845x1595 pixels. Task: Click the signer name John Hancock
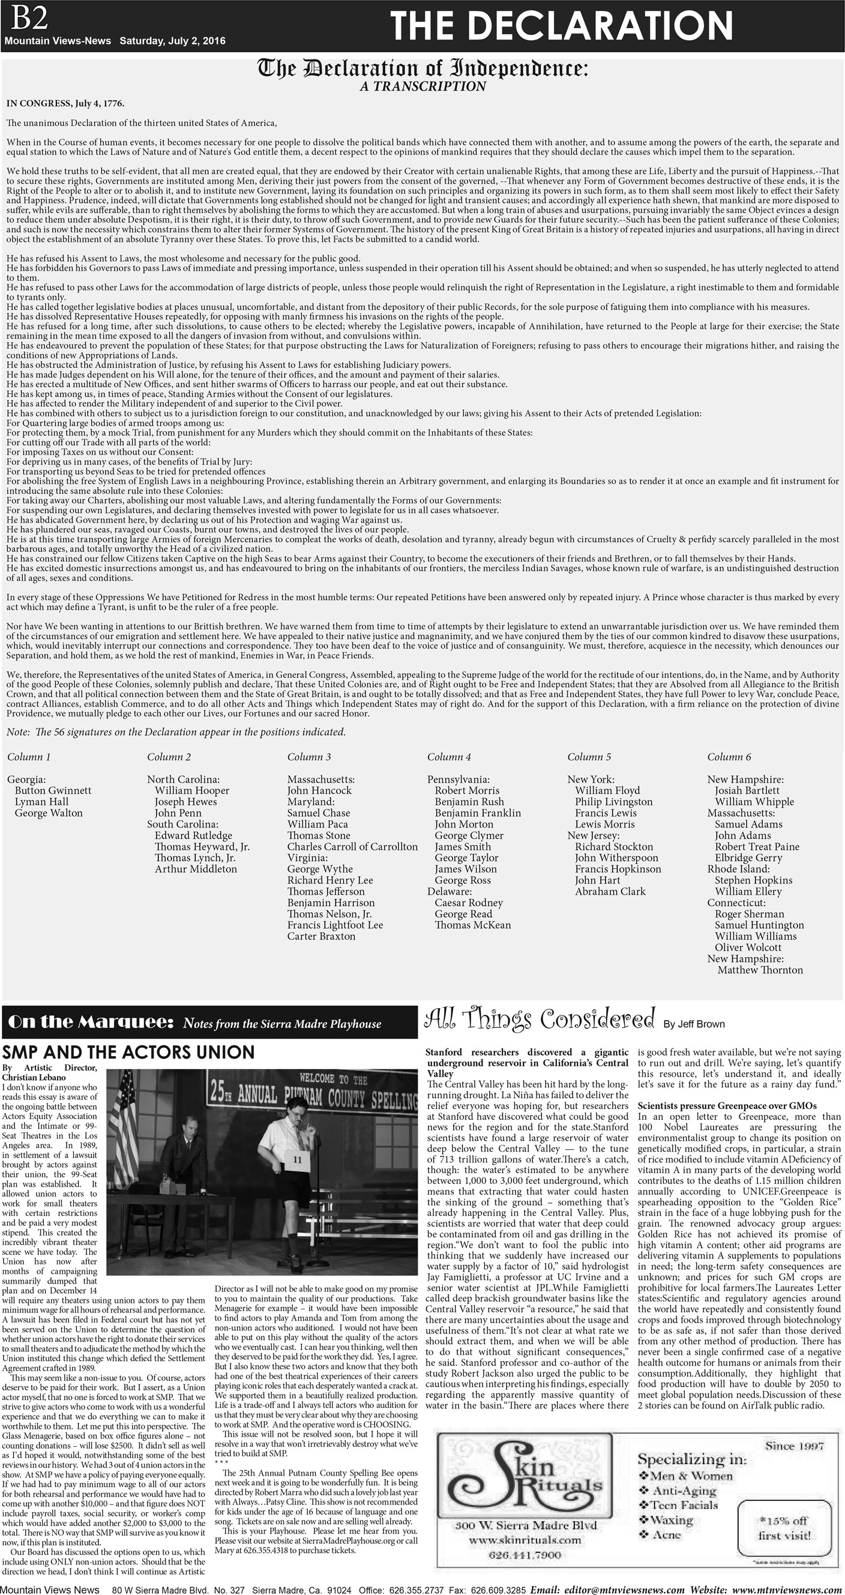click(319, 790)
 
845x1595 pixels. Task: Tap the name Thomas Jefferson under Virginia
click(326, 891)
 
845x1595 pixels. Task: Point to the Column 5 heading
click(589, 757)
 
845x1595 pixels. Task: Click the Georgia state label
click(26, 779)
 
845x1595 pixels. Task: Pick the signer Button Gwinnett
click(53, 790)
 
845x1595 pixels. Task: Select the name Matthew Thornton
click(760, 970)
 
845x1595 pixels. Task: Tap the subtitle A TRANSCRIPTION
click(423, 86)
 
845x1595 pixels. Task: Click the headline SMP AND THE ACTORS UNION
click(128, 1052)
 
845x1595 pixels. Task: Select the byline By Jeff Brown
click(693, 1024)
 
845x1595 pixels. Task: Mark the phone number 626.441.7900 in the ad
click(525, 1555)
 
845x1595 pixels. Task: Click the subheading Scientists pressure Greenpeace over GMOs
click(727, 1105)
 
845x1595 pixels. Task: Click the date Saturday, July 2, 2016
click(172, 41)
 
